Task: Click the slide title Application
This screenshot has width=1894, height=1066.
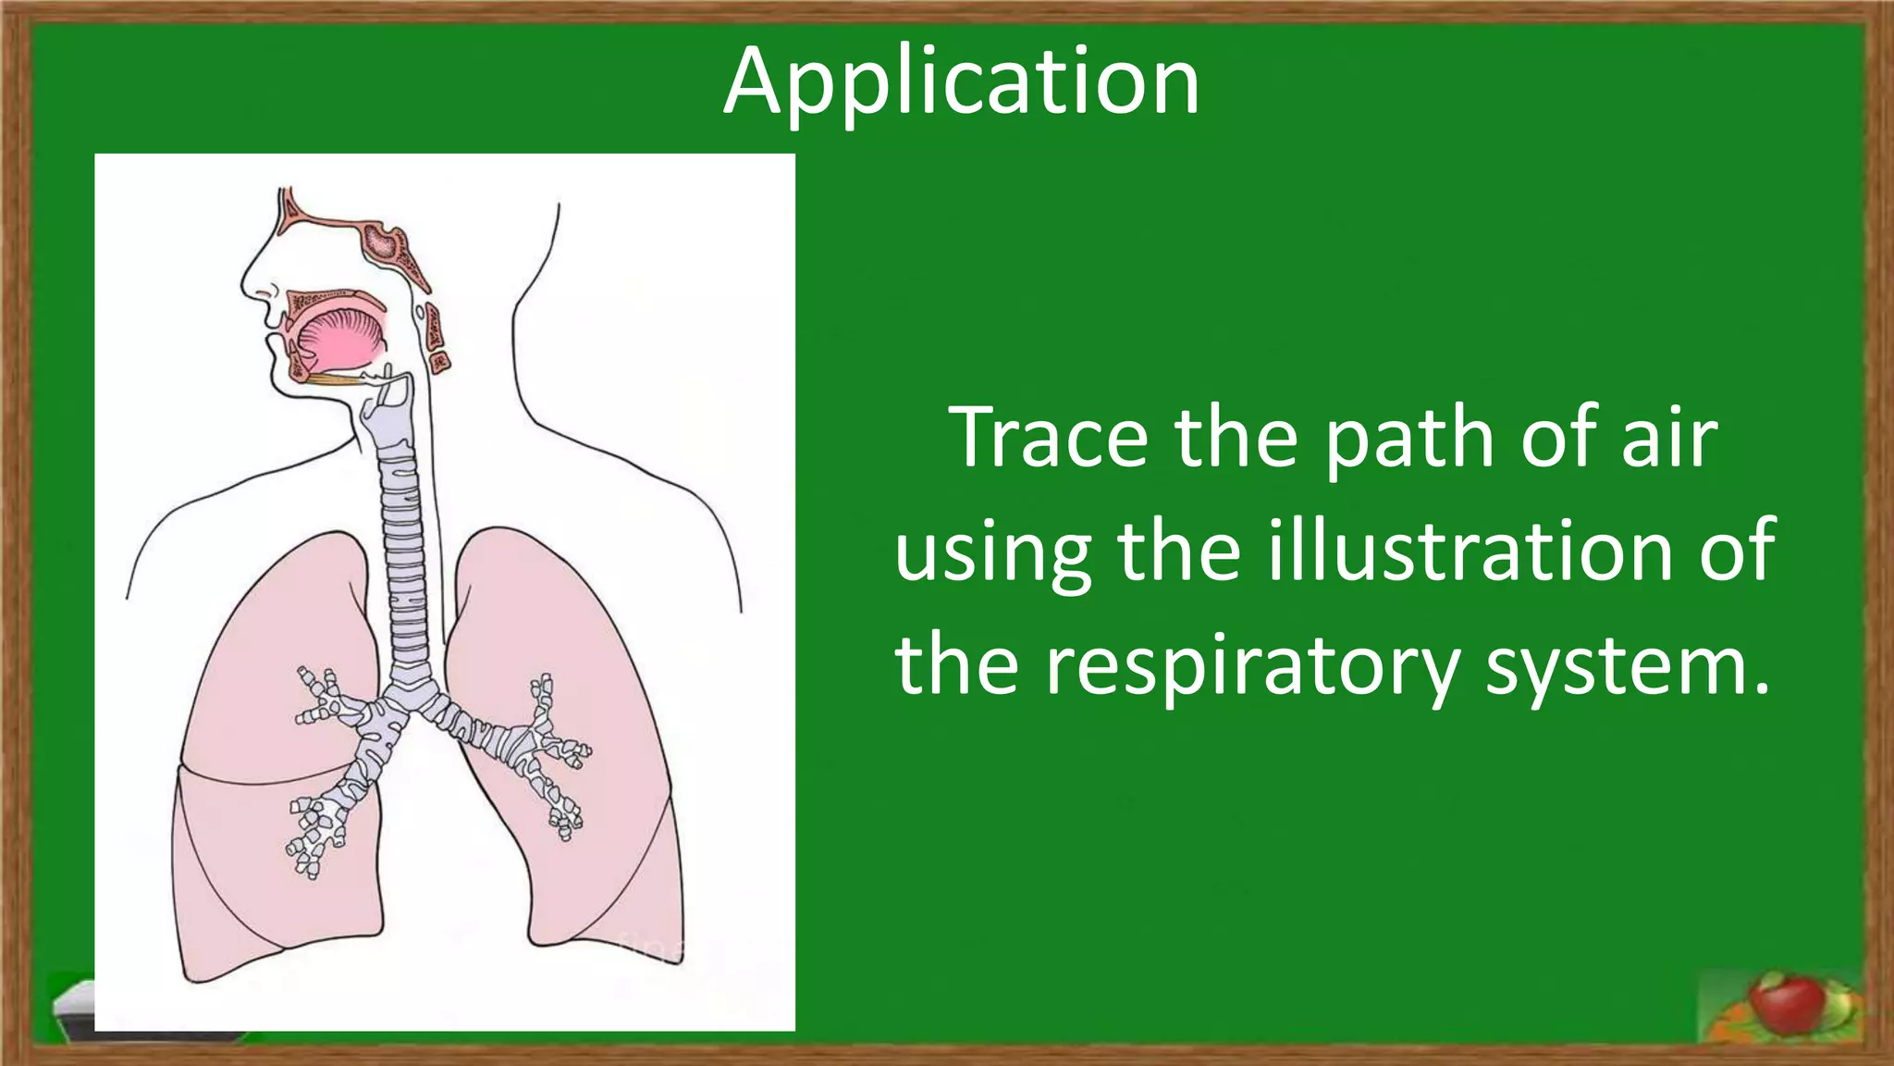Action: click(961, 83)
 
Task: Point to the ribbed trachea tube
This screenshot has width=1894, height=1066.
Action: click(405, 555)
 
